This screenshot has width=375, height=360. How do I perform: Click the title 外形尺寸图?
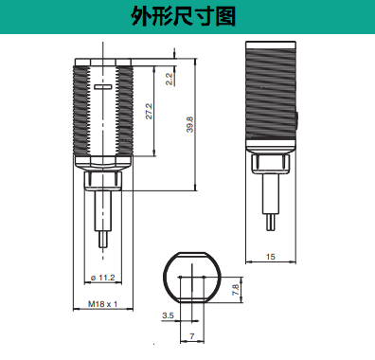[x=184, y=16]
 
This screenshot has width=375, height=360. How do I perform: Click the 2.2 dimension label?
[x=170, y=79]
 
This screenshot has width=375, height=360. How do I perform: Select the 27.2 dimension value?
[x=149, y=111]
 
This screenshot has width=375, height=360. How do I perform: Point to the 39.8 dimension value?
[x=189, y=124]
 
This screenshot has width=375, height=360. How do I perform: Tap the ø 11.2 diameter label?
[x=102, y=278]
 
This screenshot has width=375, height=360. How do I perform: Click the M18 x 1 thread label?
[x=102, y=304]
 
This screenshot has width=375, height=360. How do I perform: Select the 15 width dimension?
[x=271, y=257]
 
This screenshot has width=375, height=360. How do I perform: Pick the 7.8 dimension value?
[x=236, y=290]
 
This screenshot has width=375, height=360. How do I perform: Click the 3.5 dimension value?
[x=168, y=315]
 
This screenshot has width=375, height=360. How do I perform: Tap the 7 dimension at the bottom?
[x=192, y=336]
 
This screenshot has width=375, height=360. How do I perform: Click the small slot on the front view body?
[x=103, y=86]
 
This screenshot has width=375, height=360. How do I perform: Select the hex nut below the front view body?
[x=103, y=181]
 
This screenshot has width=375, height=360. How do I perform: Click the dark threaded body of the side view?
[x=271, y=94]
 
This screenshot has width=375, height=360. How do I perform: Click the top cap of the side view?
[x=271, y=45]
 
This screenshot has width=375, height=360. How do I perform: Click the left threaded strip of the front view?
[x=81, y=111]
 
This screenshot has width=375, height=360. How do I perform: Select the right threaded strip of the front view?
[x=124, y=111]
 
